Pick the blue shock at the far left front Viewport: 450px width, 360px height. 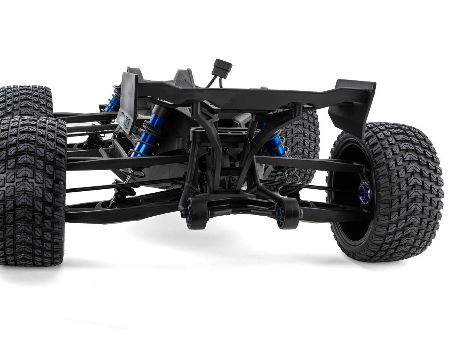point(113,101)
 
